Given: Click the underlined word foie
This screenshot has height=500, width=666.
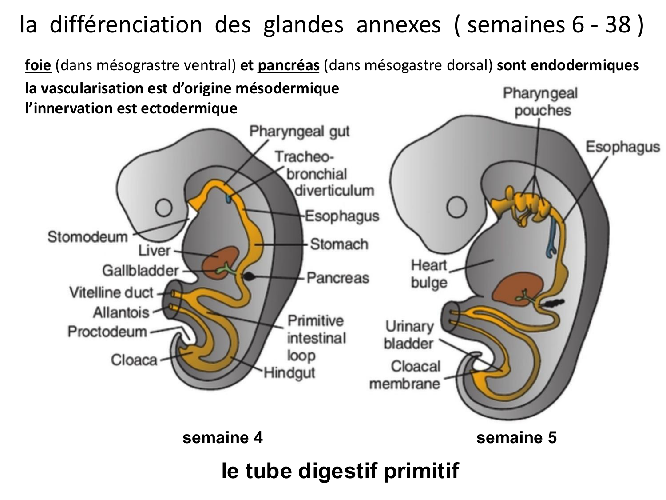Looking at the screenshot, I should (x=38, y=66).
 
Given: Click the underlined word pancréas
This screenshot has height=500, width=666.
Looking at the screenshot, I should (x=288, y=66).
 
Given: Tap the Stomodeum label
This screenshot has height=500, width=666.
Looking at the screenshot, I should (x=87, y=236).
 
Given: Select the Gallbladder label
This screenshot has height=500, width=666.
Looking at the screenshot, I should (x=140, y=270).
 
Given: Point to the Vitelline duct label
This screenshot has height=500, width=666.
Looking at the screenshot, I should (x=111, y=292).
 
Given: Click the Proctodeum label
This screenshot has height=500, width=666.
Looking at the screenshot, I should (x=107, y=332).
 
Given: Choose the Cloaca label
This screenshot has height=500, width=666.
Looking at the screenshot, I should (x=134, y=360).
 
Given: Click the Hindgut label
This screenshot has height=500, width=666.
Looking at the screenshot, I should (x=289, y=372).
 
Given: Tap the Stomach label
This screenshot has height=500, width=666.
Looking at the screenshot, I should (x=339, y=244).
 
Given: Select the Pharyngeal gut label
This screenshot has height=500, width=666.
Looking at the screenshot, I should (x=299, y=132).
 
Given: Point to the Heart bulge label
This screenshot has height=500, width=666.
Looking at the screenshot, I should (x=428, y=274).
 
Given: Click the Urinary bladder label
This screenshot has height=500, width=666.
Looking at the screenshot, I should (x=408, y=335).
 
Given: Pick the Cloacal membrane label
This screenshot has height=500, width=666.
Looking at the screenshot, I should (x=404, y=375).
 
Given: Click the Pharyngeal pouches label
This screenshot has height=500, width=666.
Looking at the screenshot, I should (x=540, y=102).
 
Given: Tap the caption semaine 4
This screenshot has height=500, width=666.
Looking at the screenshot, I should (x=222, y=438).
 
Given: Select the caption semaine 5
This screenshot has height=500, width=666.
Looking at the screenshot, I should (x=516, y=438).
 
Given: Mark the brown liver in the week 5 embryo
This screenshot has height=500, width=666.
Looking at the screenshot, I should (x=517, y=289).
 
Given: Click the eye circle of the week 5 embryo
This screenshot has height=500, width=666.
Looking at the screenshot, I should (x=456, y=208).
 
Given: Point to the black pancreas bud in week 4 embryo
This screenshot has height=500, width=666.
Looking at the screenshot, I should (x=250, y=276).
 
